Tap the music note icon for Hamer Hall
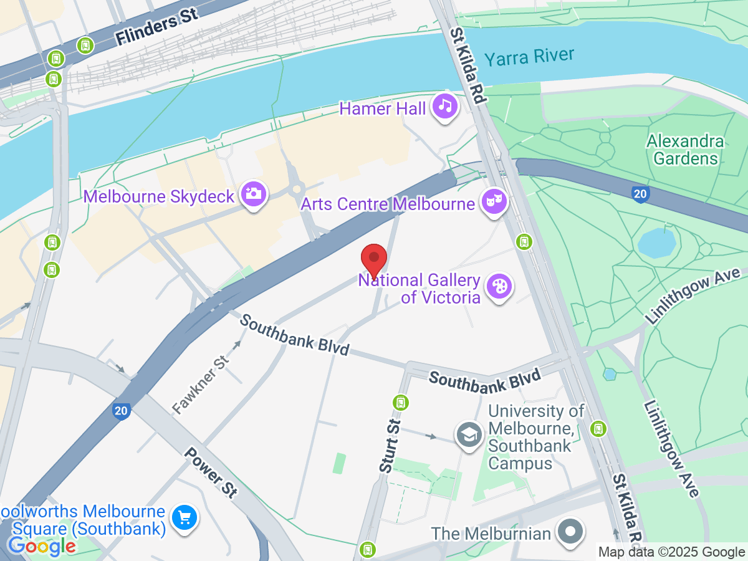click(x=445, y=106)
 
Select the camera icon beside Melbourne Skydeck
click(x=254, y=194)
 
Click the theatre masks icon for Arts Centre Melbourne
click(x=494, y=201)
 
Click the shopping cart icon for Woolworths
click(x=185, y=517)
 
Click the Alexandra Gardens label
click(x=685, y=150)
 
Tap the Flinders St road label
click(x=157, y=29)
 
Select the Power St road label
click(x=211, y=472)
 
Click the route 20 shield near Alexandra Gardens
click(x=640, y=194)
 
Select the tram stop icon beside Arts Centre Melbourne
click(x=525, y=241)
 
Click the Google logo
click(x=41, y=547)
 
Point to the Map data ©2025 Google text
click(x=671, y=552)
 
